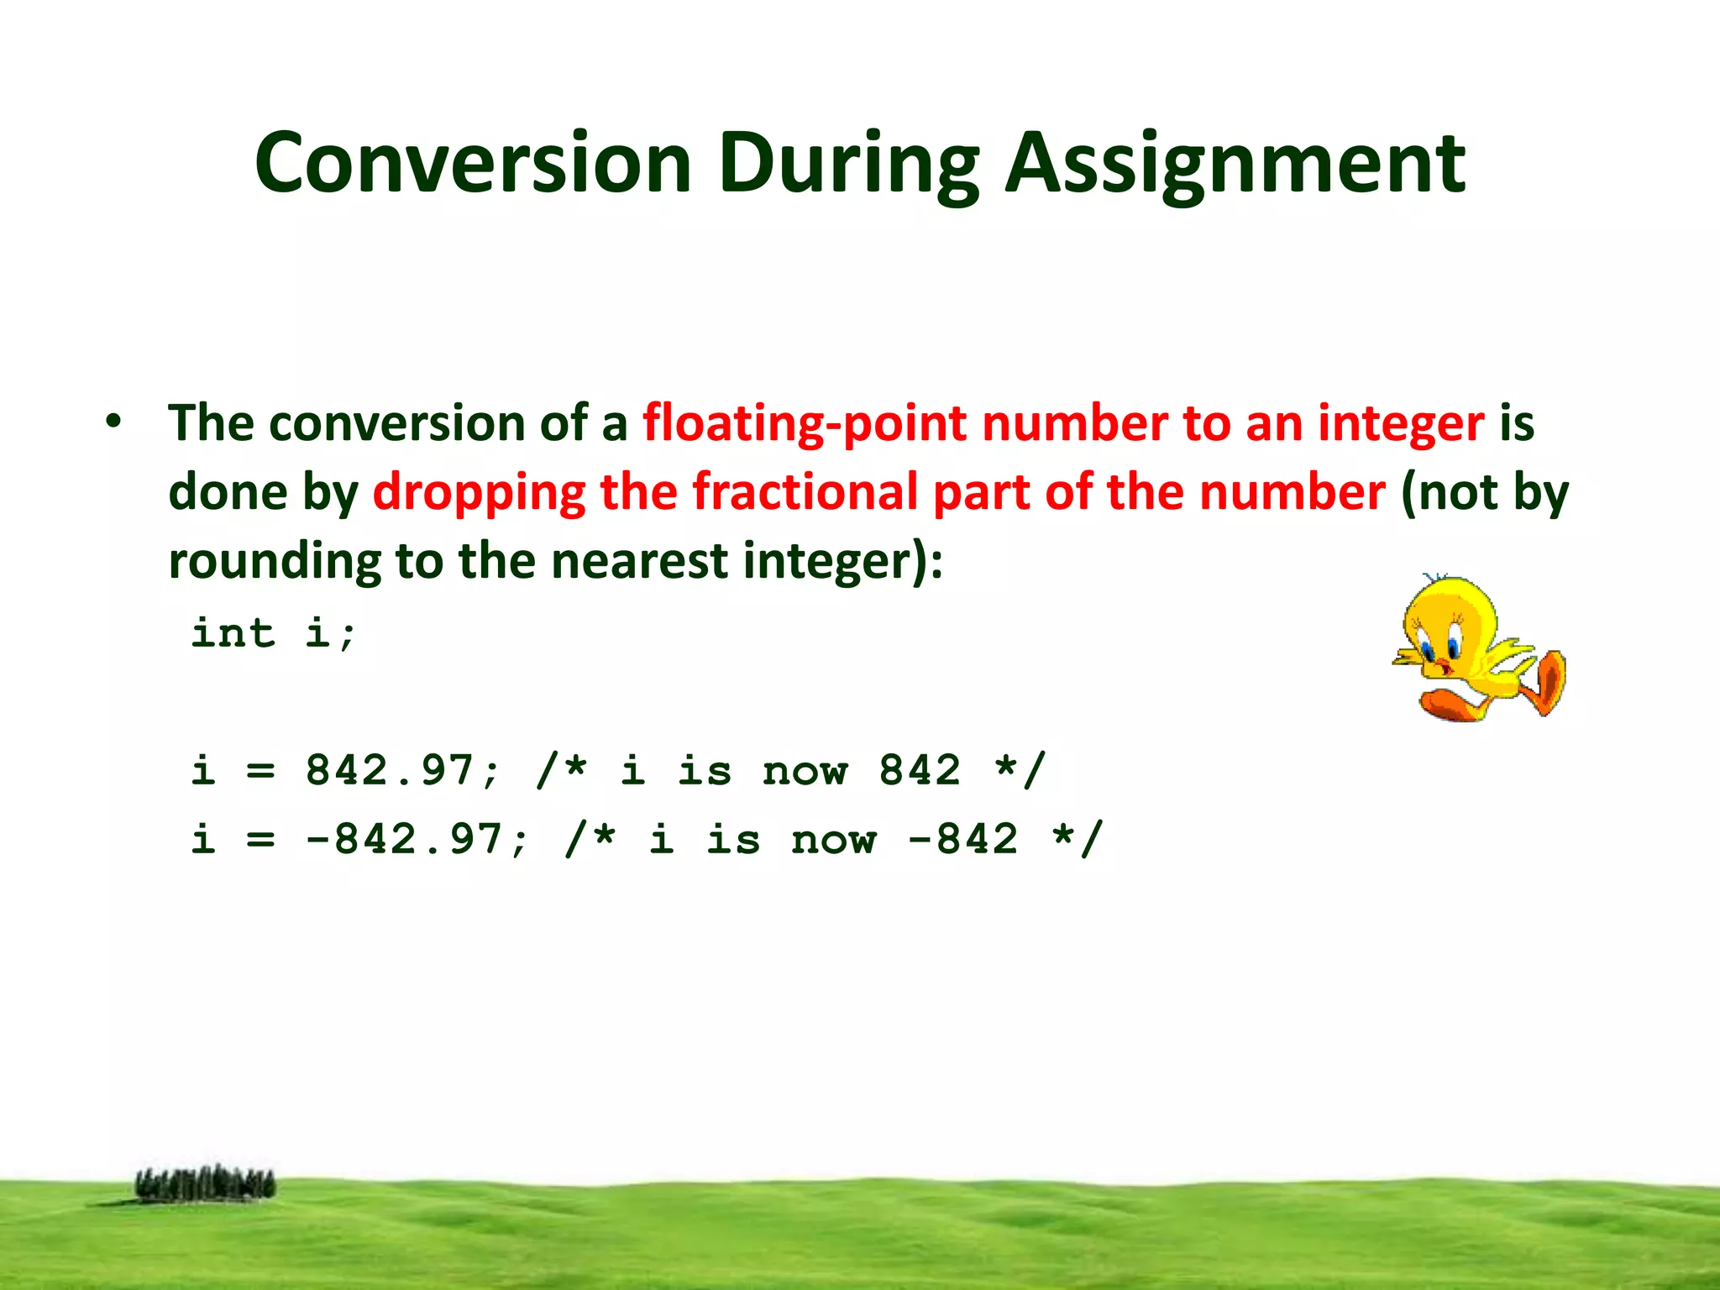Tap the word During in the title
848,164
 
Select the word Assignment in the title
1235,164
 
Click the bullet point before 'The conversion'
114,422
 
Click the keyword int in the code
233,632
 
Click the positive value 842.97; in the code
402,770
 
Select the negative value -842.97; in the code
417,839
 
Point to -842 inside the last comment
963,839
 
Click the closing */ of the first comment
1020,770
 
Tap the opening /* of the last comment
590,839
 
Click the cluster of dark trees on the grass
205,1184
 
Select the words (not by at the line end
1484,494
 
